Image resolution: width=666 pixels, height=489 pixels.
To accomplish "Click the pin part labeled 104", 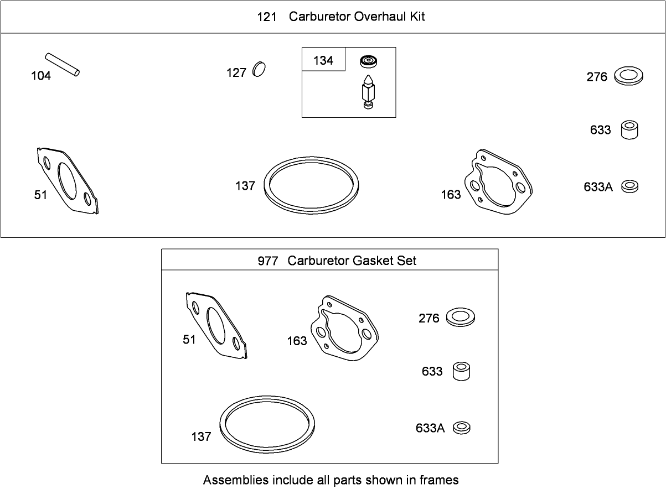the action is [x=62, y=65].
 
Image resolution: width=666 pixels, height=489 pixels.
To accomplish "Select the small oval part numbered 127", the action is [x=259, y=70].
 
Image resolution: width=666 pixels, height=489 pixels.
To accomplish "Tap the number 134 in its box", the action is [x=323, y=61].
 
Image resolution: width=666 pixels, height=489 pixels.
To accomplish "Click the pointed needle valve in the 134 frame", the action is [x=368, y=92].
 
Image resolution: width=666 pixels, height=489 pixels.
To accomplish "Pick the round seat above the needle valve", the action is [x=368, y=61].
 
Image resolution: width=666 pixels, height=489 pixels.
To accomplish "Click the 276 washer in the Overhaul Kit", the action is [x=629, y=76].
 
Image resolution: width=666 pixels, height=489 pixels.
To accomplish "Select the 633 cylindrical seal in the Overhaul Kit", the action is [x=629, y=130].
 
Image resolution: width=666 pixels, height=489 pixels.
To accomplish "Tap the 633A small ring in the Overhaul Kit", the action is [x=629, y=186].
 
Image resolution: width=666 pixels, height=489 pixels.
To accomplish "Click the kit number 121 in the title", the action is [x=267, y=17].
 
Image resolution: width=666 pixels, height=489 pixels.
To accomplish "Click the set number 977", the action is [x=267, y=261].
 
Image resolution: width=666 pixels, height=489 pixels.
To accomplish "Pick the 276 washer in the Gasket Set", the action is [x=461, y=317].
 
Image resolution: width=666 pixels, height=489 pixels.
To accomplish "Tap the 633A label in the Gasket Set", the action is [x=430, y=428].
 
